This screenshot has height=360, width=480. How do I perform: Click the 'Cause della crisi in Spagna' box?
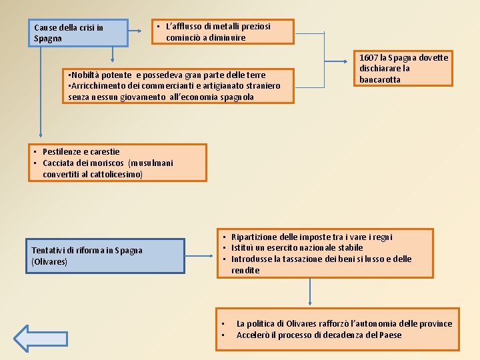tap(81, 33)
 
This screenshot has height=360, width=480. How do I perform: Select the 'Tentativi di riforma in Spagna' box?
tap(105, 256)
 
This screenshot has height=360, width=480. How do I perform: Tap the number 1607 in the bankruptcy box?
tap(370, 57)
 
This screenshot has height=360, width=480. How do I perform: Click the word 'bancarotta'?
tap(380, 80)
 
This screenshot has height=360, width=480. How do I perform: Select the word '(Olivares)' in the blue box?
tap(49, 262)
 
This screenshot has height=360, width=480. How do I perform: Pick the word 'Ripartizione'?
tap(256, 237)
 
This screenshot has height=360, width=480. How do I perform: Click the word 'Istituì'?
tap(243, 248)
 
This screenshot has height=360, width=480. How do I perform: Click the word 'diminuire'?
tap(226, 38)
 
